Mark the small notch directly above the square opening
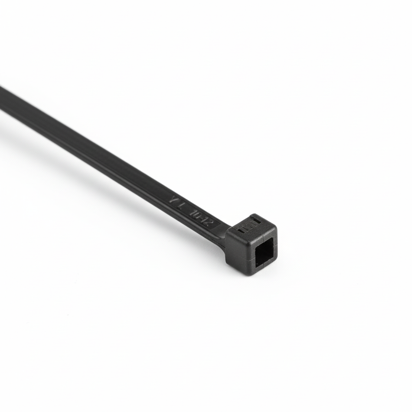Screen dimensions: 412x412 click(x=265, y=238)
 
